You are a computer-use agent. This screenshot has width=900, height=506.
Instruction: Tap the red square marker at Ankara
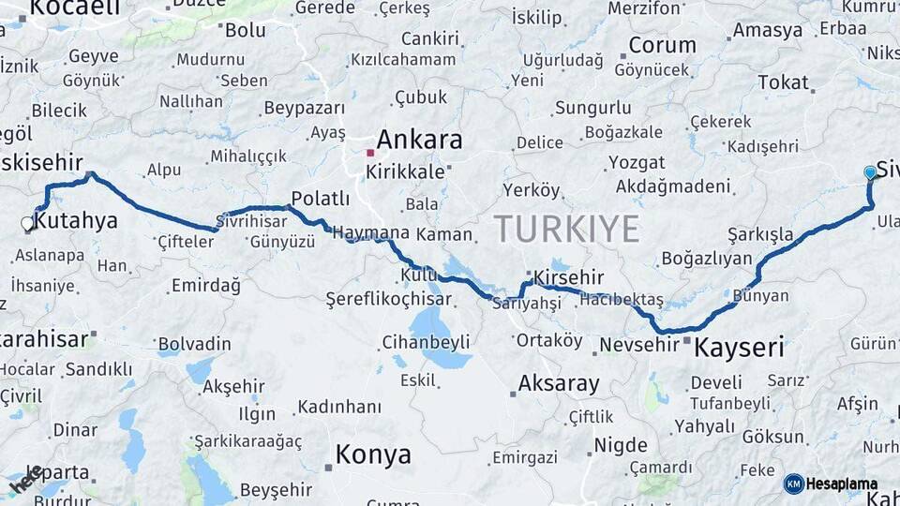tap(371, 153)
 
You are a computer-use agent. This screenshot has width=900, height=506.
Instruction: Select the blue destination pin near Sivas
tap(870, 173)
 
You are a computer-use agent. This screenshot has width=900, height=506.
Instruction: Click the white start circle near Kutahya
tap(27, 224)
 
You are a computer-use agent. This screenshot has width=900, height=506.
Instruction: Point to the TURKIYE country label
tap(566, 229)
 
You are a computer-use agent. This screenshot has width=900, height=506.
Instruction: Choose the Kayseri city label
tap(738, 349)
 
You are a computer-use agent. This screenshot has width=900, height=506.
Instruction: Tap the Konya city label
tap(373, 455)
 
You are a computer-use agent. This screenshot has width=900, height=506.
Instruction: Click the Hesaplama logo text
tap(842, 484)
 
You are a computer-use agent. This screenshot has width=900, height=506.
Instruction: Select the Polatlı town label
tap(321, 199)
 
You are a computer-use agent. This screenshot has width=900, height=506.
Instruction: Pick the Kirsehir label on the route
tap(569, 278)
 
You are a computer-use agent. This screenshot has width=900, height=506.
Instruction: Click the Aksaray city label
tap(559, 383)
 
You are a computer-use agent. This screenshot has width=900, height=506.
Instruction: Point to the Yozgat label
tap(637, 163)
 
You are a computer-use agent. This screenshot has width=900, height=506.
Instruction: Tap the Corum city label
tap(662, 45)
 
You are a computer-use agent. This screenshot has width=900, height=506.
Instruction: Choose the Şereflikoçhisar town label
tap(388, 300)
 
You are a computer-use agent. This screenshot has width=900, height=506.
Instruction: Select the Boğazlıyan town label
tap(707, 259)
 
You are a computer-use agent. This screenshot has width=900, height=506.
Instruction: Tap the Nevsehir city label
tap(638, 345)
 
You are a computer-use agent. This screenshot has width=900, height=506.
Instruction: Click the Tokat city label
tap(783, 82)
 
